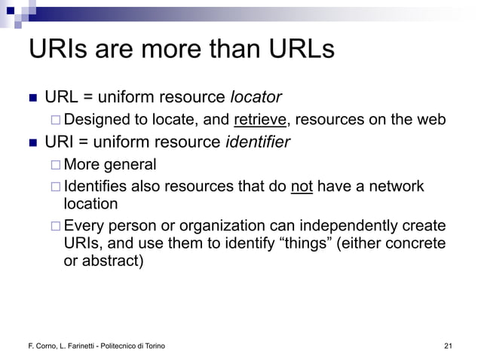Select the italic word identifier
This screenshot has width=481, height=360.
click(258, 142)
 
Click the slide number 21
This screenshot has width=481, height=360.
click(449, 346)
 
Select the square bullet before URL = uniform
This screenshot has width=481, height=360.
click(32, 98)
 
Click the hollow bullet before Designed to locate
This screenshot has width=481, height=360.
click(57, 121)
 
